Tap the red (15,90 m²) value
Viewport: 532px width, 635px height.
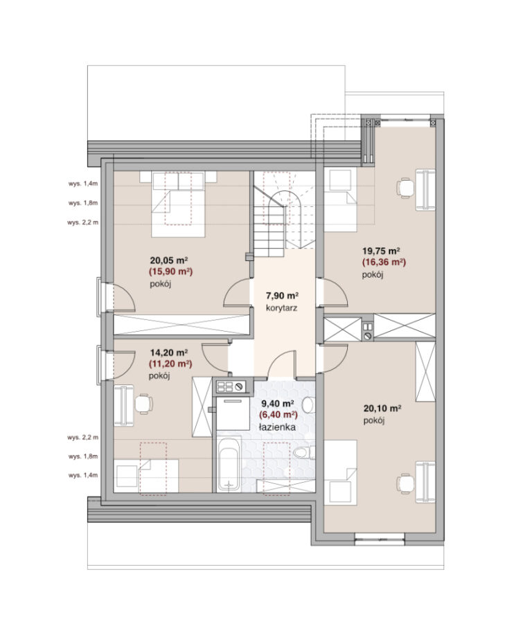(x=170, y=271)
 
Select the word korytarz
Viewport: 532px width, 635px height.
(x=282, y=307)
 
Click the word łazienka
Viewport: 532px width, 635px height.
(x=278, y=427)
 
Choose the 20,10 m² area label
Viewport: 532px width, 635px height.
(x=382, y=409)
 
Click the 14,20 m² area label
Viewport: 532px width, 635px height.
(x=168, y=352)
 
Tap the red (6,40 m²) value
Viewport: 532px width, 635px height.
(x=278, y=415)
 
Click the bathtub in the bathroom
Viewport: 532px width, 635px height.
(x=229, y=464)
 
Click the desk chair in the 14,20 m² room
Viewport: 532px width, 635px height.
(x=143, y=404)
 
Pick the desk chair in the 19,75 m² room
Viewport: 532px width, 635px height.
(x=406, y=188)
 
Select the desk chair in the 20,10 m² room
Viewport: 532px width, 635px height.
(x=406, y=483)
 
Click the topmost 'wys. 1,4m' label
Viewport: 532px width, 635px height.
(x=83, y=184)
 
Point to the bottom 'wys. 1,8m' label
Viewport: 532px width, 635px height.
(x=83, y=456)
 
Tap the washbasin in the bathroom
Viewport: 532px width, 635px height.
(x=309, y=404)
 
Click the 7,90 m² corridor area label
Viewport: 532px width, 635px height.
(x=282, y=295)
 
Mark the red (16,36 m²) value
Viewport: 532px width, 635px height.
(x=384, y=262)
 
